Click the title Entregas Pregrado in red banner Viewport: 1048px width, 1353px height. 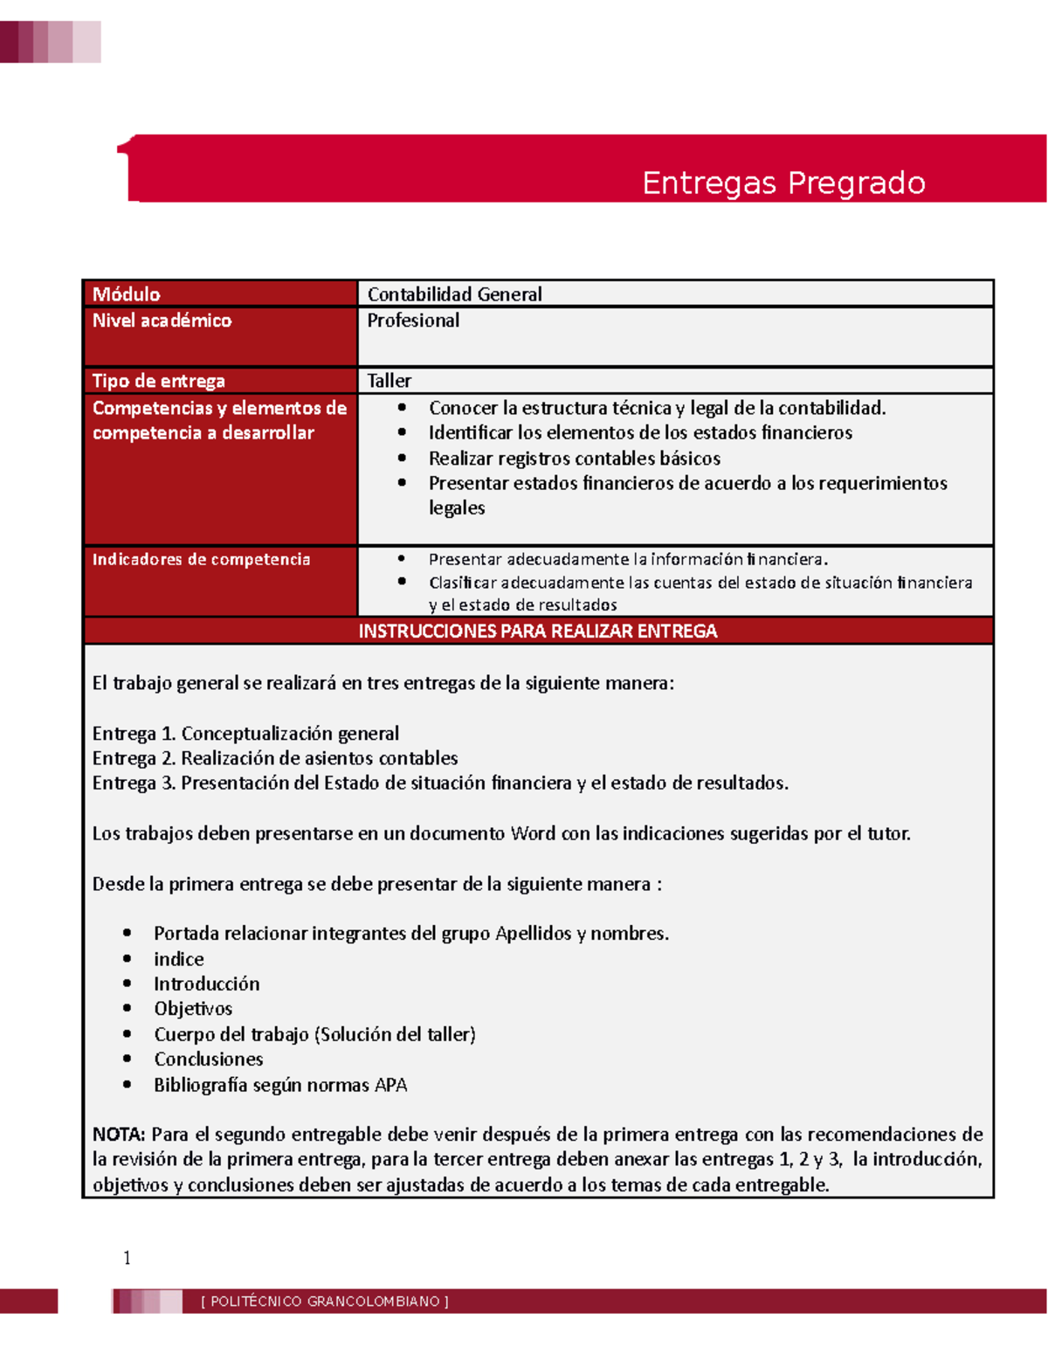coord(783,183)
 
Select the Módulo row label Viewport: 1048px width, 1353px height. coord(127,294)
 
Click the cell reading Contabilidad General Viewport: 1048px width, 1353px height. coord(454,294)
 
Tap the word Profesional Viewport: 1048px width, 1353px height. coord(413,321)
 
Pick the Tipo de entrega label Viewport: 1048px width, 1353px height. coord(159,381)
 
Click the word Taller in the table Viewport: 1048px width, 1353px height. coord(389,381)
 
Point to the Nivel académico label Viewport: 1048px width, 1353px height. coord(162,321)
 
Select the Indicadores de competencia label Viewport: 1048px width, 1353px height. coord(202,559)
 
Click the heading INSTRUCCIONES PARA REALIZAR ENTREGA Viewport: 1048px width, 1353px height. coord(538,631)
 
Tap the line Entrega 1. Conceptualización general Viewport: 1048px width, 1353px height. coord(245,733)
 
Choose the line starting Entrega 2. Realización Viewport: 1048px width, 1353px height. coord(275,758)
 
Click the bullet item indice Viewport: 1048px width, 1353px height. coord(179,959)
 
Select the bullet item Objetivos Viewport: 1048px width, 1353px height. coord(193,1009)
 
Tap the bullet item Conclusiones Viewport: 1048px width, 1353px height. coord(209,1060)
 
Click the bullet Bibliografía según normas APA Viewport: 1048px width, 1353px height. coord(280,1085)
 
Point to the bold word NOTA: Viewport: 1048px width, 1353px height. coord(119,1135)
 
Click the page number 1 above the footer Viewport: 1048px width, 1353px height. coord(128,1258)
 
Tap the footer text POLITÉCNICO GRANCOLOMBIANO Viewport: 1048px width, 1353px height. coord(325,1301)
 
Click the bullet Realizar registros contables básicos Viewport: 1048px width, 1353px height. coord(575,459)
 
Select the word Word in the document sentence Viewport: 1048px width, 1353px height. coord(533,833)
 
